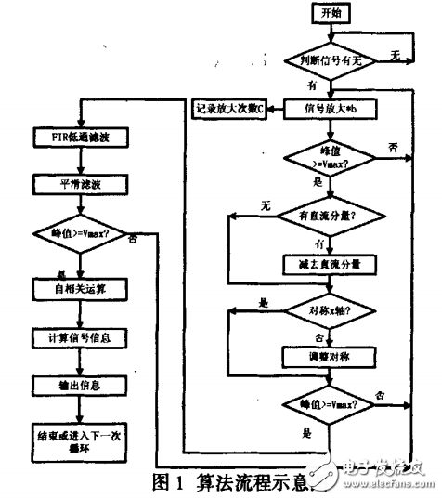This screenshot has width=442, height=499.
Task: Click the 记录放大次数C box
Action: (228, 109)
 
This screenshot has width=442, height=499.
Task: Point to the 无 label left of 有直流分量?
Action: (266, 204)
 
